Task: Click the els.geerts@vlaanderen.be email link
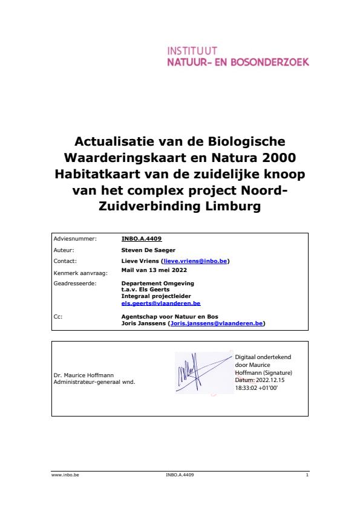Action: coord(160,303)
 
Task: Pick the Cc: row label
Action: coord(58,316)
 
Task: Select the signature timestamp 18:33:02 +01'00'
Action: coord(256,387)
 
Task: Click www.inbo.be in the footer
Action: coord(65,476)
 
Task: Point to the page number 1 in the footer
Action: coord(307,476)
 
